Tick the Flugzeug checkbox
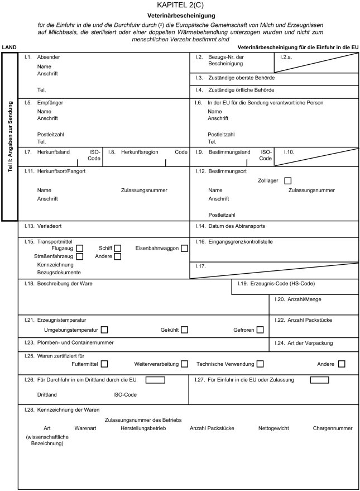click(80, 248)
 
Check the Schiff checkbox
click(118, 248)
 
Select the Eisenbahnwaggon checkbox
click(184, 248)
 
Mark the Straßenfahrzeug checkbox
click(80, 256)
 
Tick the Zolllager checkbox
click(287, 180)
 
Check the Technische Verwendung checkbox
click(260, 364)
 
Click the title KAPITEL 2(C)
click(180, 5)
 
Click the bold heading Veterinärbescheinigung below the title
click(181, 16)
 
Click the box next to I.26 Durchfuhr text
click(155, 380)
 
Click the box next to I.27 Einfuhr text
click(319, 380)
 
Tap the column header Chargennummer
click(333, 428)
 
